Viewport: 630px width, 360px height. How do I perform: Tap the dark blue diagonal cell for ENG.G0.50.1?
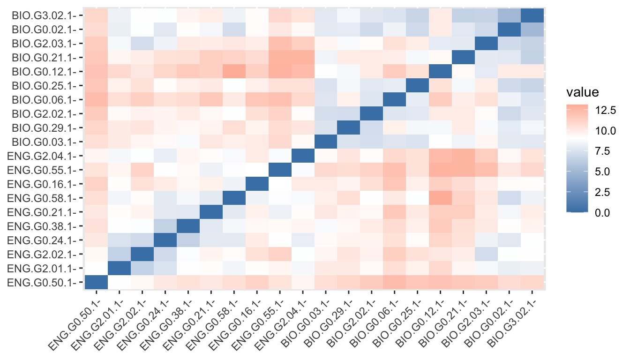pyautogui.click(x=96, y=282)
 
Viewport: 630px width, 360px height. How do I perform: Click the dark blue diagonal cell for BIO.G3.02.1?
pyautogui.click(x=532, y=15)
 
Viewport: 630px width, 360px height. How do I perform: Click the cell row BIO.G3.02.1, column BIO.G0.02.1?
pyautogui.click(x=509, y=15)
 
